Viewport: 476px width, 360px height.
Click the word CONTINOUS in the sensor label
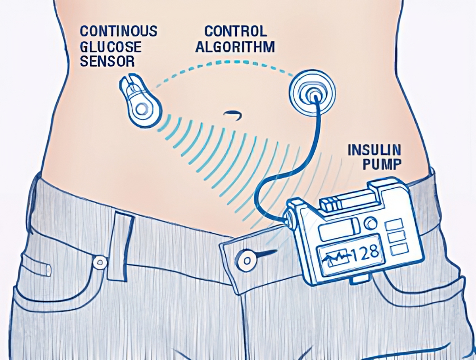pyautogui.click(x=119, y=31)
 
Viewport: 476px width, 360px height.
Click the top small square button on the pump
pyautogui.click(x=395, y=225)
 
